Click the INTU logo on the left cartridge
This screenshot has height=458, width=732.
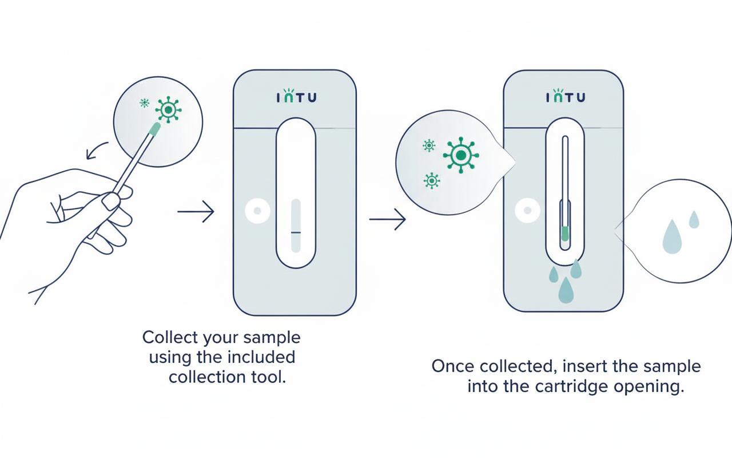(295, 97)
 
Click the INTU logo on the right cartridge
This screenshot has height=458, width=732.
(565, 96)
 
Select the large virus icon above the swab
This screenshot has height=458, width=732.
(168, 109)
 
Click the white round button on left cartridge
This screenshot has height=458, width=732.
(257, 212)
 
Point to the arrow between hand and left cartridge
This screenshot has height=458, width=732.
(196, 212)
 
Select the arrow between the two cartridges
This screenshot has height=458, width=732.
(387, 219)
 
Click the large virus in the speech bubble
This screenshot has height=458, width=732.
(460, 155)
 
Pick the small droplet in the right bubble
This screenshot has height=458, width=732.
(694, 219)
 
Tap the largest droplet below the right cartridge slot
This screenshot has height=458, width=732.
(566, 290)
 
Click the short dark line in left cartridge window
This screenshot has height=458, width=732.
(295, 232)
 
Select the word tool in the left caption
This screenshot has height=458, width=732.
(269, 377)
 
